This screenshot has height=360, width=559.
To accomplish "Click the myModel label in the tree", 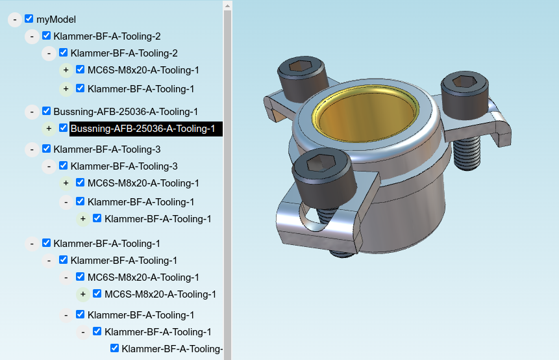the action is [56, 19].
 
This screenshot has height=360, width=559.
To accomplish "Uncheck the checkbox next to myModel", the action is [29, 19].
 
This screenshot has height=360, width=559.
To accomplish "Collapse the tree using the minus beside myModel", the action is [15, 19].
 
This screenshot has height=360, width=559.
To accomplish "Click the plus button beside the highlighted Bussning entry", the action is [49, 129].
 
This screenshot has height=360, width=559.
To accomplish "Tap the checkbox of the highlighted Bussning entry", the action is [63, 128].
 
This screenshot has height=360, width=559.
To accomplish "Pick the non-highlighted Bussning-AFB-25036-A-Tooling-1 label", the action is [125, 112].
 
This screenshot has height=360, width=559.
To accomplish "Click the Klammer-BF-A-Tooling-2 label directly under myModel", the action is [107, 36].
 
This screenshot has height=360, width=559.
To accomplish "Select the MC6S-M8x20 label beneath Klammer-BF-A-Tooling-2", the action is [143, 70].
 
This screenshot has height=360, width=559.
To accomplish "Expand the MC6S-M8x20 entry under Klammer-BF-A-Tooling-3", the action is [66, 183].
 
